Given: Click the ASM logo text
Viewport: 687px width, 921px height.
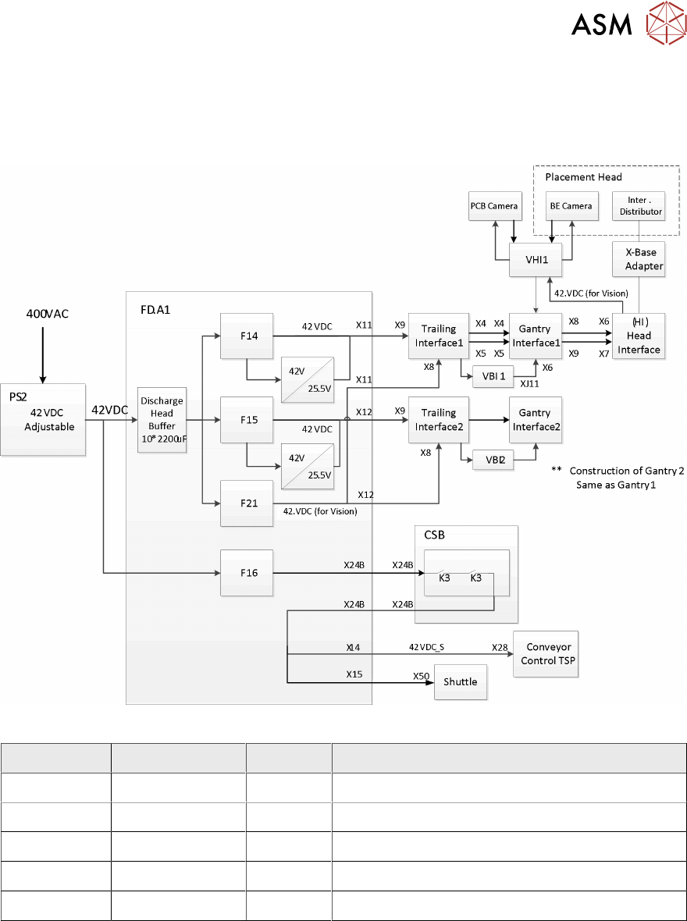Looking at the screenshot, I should (601, 26).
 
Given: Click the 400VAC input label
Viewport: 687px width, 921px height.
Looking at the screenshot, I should (44, 314).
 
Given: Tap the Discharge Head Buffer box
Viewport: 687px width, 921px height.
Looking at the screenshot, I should (162, 420).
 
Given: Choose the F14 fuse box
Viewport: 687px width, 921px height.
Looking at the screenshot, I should (247, 336).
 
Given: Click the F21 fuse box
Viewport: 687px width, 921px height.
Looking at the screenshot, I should (247, 503).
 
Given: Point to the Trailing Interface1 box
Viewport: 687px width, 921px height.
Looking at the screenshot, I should (438, 336).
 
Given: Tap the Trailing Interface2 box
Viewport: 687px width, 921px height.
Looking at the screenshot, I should (438, 420).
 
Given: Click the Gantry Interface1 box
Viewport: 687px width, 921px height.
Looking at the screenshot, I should (534, 336).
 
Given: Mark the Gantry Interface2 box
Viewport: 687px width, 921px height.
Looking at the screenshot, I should (534, 420).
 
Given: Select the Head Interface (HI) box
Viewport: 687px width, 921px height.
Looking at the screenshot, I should (639, 336).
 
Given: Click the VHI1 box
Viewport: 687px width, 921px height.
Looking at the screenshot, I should (535, 258).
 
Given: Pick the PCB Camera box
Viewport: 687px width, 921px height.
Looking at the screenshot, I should (493, 205).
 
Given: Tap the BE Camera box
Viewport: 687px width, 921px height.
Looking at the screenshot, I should (571, 205).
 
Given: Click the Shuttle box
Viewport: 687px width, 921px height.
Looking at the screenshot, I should (460, 681).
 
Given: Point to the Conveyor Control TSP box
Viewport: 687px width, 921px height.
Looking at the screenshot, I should (546, 653).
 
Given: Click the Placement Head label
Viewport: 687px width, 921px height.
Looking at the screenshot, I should (583, 177).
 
